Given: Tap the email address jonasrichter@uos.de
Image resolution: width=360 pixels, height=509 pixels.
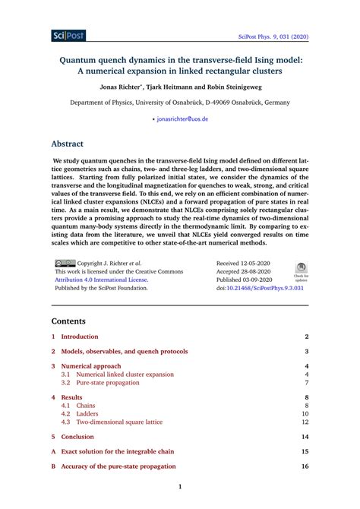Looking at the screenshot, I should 182,119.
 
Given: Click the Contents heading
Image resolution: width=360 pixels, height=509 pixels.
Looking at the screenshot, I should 73,321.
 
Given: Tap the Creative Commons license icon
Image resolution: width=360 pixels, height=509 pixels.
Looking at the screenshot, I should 65,263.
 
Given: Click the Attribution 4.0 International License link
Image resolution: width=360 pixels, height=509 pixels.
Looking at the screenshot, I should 102,280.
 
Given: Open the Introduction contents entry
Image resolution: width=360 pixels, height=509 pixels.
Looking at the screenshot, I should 80,336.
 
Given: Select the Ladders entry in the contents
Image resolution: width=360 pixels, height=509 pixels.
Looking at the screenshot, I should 87,413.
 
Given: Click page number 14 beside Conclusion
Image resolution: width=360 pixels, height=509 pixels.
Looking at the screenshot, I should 305,437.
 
